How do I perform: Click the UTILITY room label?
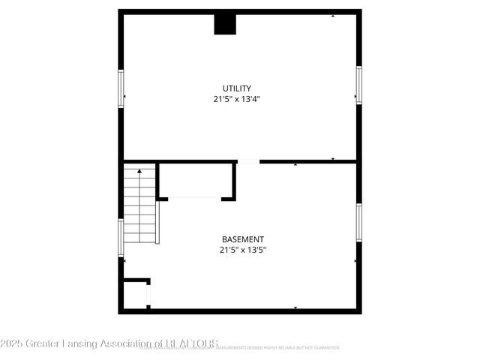point(236,88)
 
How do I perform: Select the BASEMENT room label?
point(242,239)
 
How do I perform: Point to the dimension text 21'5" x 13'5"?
point(242,250)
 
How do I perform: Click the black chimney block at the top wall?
point(225,24)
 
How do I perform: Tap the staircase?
point(139,206)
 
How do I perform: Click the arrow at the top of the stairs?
point(139,172)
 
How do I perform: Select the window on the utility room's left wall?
point(121,88)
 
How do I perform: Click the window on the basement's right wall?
point(358,223)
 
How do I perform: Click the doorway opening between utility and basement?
point(248,161)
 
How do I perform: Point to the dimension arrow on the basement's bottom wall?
point(295,307)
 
